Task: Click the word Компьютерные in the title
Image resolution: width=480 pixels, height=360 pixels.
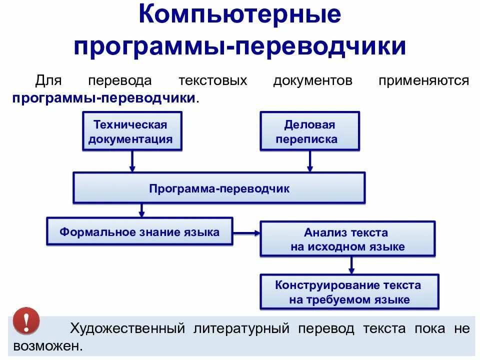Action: tap(239, 16)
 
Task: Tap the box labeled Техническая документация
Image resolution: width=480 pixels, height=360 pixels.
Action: tap(131, 131)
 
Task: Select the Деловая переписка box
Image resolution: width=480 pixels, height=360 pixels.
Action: tap(309, 131)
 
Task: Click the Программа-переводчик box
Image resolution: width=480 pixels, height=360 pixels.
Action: tap(219, 188)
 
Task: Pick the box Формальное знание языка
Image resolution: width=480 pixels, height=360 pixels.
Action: tap(139, 231)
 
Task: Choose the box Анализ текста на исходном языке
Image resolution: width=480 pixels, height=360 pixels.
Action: tap(347, 239)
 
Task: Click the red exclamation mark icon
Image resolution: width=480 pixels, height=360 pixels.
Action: tap(26, 320)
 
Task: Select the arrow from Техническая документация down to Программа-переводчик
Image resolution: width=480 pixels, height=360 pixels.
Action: tap(132, 161)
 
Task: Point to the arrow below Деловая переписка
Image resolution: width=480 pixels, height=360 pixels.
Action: tap(310, 161)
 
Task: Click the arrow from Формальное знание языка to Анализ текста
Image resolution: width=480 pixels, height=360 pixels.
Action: tap(246, 232)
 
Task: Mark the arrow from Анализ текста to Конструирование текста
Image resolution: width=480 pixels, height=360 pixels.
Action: tap(351, 265)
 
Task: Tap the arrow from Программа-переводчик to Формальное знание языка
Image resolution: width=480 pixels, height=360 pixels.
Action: tap(142, 210)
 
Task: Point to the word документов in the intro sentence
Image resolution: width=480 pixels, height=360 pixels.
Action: tap(312, 80)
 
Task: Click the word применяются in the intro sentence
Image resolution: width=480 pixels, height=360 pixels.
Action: tap(423, 80)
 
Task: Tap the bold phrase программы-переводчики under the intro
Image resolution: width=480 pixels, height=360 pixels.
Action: tap(104, 97)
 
